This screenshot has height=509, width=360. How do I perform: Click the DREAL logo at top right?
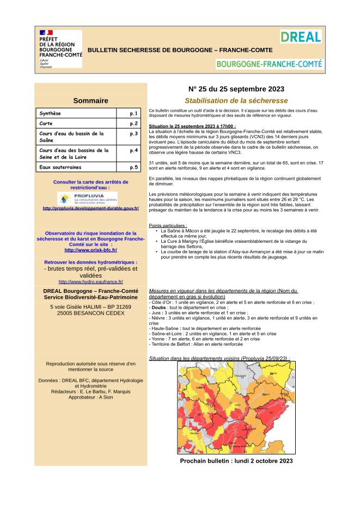[301, 37]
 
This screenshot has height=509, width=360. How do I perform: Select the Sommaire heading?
[90, 100]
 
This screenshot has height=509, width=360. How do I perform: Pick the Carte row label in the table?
[46, 124]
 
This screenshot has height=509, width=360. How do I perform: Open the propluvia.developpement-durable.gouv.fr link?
[90, 208]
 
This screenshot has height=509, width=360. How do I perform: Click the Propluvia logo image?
[90, 198]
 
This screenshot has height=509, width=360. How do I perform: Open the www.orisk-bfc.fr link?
[90, 250]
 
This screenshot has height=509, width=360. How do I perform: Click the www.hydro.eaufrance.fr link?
[90, 281]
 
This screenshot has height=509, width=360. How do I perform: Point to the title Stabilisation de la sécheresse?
[236, 101]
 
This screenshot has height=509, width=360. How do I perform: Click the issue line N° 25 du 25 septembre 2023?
[236, 89]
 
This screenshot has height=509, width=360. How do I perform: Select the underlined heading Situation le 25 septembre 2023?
[192, 126]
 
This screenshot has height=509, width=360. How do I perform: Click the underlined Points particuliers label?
[168, 225]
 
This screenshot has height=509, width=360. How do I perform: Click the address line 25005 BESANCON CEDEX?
[90, 314]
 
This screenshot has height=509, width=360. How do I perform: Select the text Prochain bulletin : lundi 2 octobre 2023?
[236, 460]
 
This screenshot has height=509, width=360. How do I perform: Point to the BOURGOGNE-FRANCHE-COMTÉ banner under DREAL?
[269, 64]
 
